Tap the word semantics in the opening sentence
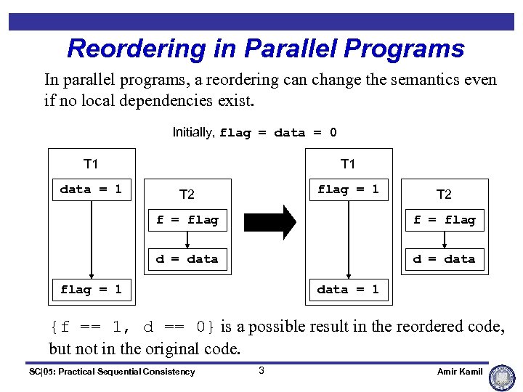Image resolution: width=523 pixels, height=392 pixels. coord(405,79)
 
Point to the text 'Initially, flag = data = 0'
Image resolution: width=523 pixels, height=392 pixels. coord(254,132)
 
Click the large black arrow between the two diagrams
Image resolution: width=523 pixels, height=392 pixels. coord(270,221)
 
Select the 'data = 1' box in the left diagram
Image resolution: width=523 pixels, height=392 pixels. coord(91,189)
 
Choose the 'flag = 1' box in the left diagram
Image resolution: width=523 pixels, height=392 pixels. coord(91,290)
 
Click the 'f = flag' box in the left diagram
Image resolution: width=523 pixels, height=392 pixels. coord(187,220)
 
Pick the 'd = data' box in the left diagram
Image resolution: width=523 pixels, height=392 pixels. coord(187,259)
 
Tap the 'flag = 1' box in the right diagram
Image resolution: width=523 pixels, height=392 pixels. coord(348,189)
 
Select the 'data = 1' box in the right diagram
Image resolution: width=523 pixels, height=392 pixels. coord(348,290)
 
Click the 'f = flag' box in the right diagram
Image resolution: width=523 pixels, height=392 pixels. coord(444,220)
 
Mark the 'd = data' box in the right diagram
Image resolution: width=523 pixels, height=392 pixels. coord(444,259)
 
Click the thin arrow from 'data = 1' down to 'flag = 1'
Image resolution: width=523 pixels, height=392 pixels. coord(91,240)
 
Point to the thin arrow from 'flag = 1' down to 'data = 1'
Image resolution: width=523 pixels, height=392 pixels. coord(348,240)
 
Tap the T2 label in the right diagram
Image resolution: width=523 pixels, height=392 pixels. coord(444,194)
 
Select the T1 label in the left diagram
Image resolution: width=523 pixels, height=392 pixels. coord(91,164)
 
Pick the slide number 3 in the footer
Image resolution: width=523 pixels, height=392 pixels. coord(261,371)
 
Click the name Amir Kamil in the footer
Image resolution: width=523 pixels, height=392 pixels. coord(460,372)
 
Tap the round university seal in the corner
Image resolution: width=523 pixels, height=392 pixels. coord(503,377)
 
